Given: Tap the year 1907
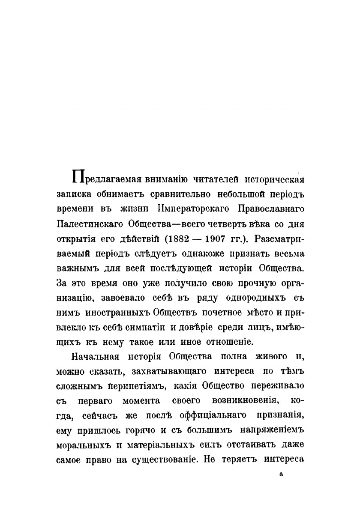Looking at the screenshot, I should click(216, 239).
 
